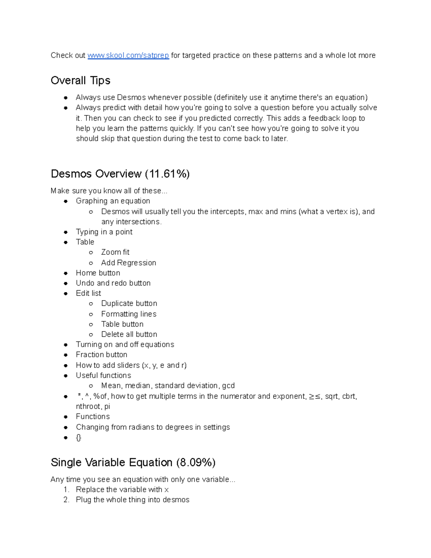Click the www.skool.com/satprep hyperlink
[128, 55]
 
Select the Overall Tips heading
[80, 80]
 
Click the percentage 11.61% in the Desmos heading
[167, 174]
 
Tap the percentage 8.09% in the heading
[196, 462]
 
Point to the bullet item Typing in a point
[104, 232]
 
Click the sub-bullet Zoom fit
[115, 252]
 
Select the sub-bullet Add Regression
[129, 263]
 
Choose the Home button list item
[98, 273]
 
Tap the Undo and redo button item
[113, 283]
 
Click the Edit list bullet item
[88, 294]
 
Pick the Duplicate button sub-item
[129, 304]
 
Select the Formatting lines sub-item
[129, 314]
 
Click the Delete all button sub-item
[129, 335]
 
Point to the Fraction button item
[102, 355]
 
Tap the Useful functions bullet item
[103, 375]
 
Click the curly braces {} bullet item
[79, 438]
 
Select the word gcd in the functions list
[228, 386]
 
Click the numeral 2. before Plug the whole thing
[66, 500]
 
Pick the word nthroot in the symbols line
[88, 407]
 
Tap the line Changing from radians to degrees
[153, 427]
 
